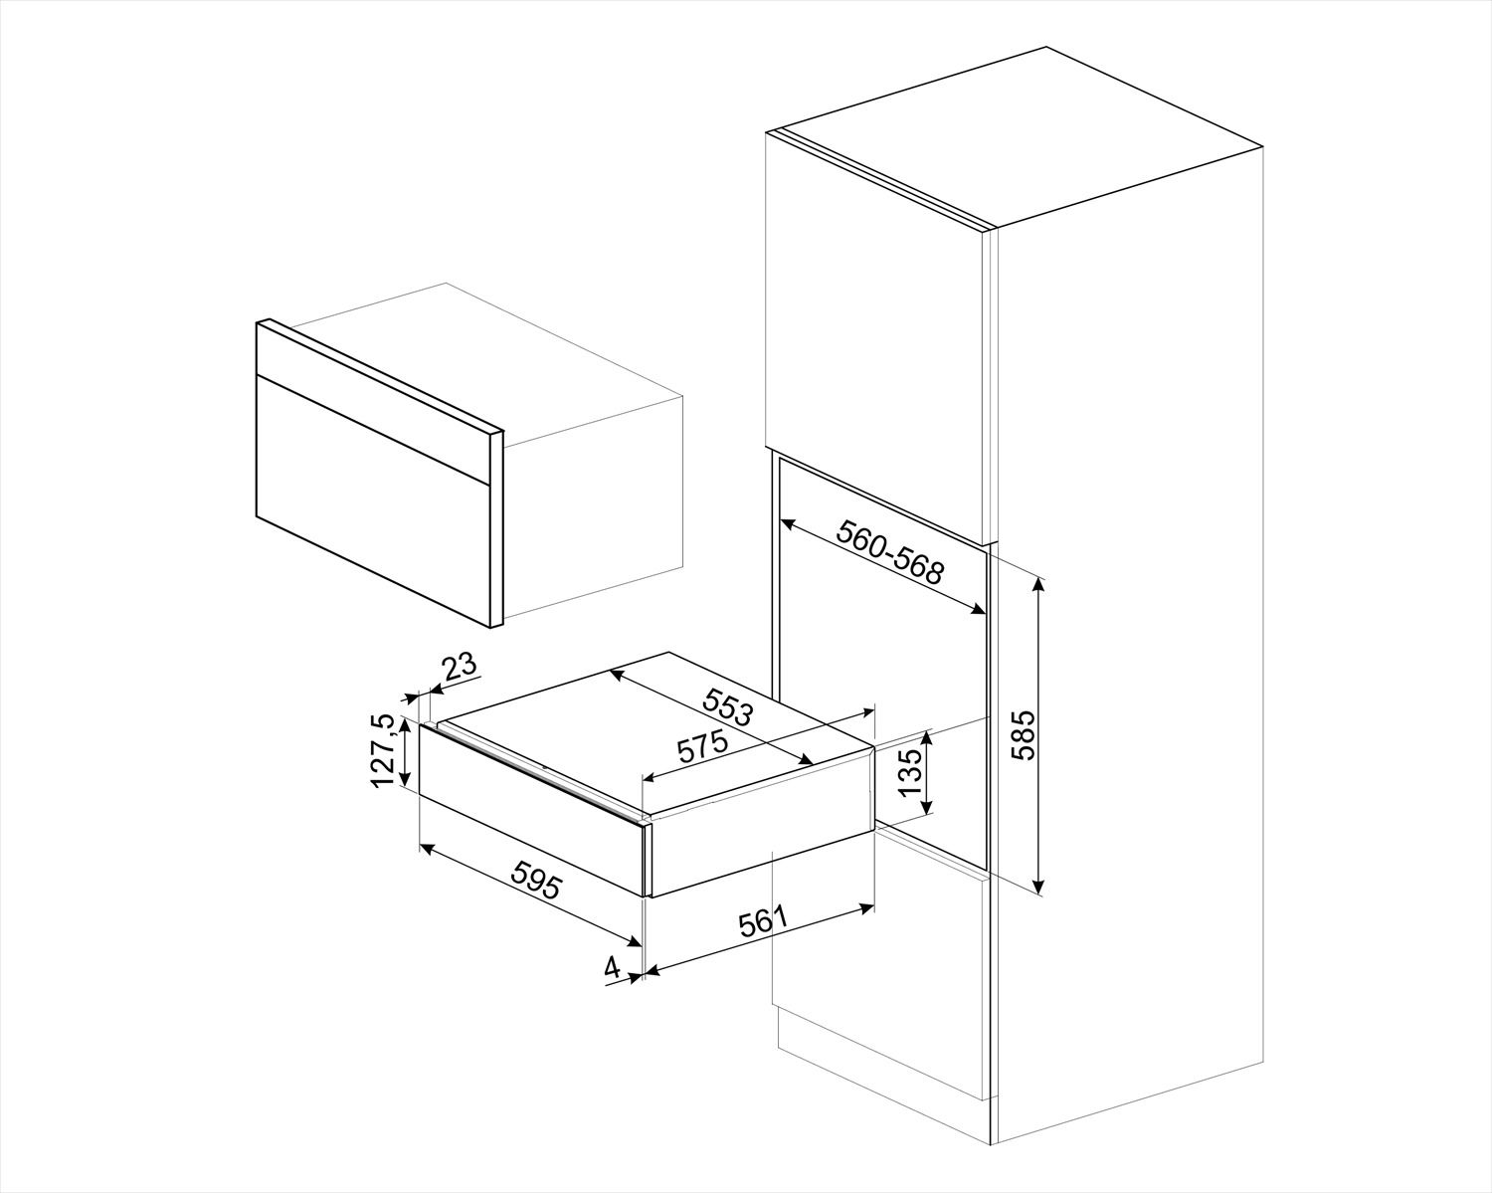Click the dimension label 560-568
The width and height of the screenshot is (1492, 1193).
click(x=888, y=552)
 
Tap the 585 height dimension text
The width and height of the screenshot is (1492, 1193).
click(x=1024, y=735)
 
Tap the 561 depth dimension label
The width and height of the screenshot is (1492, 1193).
click(x=763, y=924)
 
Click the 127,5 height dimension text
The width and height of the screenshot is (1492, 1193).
click(x=382, y=751)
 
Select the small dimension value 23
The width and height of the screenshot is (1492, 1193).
click(x=460, y=668)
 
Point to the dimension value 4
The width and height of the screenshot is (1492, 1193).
click(x=613, y=966)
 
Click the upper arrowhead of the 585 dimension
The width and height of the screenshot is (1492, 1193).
click(x=1039, y=582)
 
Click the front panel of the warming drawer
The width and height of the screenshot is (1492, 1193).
click(x=532, y=811)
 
